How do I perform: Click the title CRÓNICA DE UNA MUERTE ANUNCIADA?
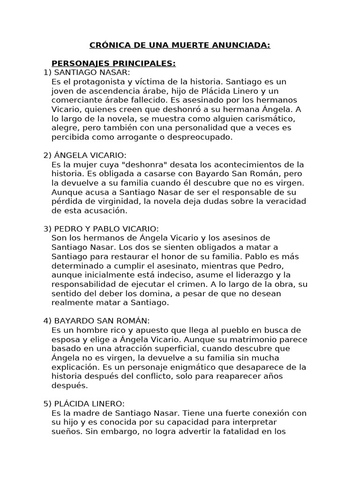click(x=180, y=45)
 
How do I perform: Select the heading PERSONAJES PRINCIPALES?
click(x=113, y=63)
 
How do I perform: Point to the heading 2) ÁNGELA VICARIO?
click(x=85, y=155)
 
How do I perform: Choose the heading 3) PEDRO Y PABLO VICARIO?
click(x=101, y=229)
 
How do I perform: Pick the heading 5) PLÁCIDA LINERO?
click(x=84, y=404)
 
